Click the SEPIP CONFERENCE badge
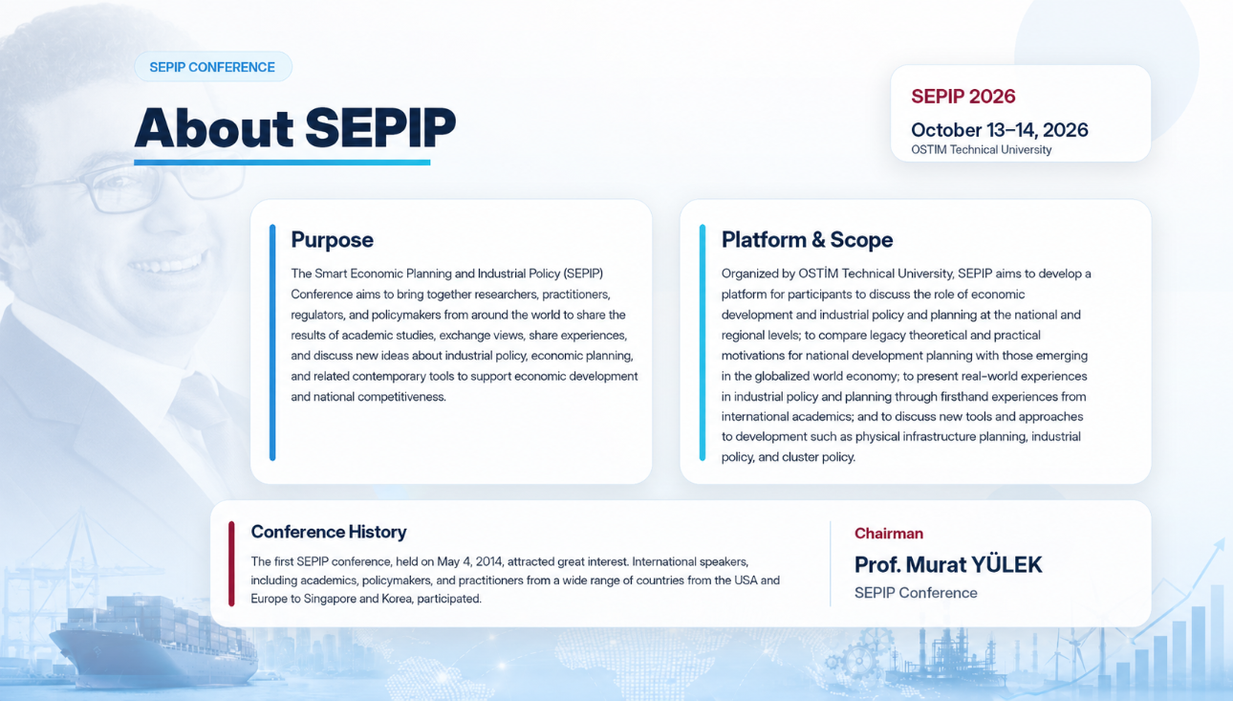coord(213,67)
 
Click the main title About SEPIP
coord(295,127)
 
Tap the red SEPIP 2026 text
coord(963,97)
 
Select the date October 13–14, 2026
coord(1000,130)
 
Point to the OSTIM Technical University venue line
coord(982,150)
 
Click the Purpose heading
coord(332,240)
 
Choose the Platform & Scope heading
coord(807,240)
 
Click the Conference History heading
coord(329,532)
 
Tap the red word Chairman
coord(889,533)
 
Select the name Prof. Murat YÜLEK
coord(948,564)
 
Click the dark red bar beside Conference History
coord(231,564)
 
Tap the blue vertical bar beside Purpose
coord(272,342)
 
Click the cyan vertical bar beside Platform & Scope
coord(703,342)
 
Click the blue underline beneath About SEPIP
coord(282,163)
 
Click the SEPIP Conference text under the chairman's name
coord(916,593)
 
